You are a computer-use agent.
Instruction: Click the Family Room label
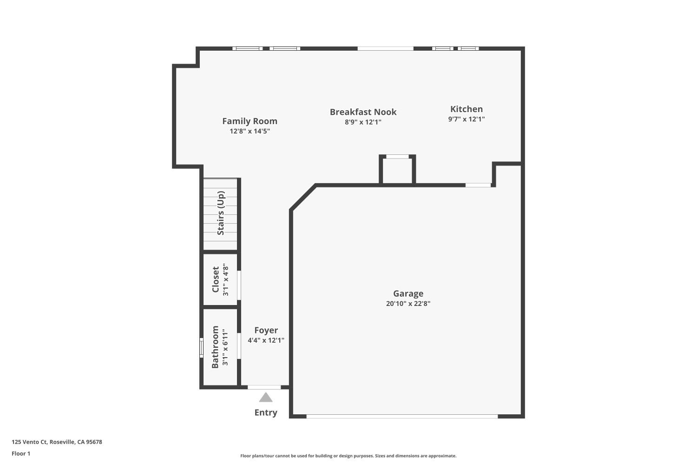pyautogui.click(x=250, y=121)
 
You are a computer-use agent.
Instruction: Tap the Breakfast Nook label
pyautogui.click(x=363, y=112)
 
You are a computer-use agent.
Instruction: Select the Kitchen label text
pyautogui.click(x=466, y=109)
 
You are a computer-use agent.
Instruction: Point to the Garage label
pyautogui.click(x=408, y=293)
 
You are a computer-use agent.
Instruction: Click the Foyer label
pyautogui.click(x=266, y=331)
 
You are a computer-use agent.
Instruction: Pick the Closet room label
pyautogui.click(x=216, y=279)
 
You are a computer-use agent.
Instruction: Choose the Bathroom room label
pyautogui.click(x=215, y=347)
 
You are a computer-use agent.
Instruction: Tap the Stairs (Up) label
pyautogui.click(x=221, y=213)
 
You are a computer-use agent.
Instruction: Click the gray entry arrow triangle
pyautogui.click(x=265, y=397)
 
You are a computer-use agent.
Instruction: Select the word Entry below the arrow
pyautogui.click(x=265, y=412)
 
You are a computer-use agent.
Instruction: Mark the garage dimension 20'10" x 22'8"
pyautogui.click(x=408, y=304)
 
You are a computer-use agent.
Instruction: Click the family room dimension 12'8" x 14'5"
pyautogui.click(x=250, y=131)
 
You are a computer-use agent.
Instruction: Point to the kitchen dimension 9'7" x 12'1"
pyautogui.click(x=466, y=119)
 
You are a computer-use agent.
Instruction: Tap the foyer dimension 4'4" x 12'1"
pyautogui.click(x=266, y=340)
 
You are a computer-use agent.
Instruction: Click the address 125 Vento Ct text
pyautogui.click(x=57, y=442)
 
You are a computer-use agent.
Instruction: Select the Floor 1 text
pyautogui.click(x=21, y=453)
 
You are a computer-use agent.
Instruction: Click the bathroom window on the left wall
pyautogui.click(x=202, y=348)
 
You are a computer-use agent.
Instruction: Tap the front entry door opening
pyautogui.click(x=264, y=387)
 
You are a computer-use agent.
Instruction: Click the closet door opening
pyautogui.click(x=239, y=285)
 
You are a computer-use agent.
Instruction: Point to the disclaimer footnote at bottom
pyautogui.click(x=348, y=456)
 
